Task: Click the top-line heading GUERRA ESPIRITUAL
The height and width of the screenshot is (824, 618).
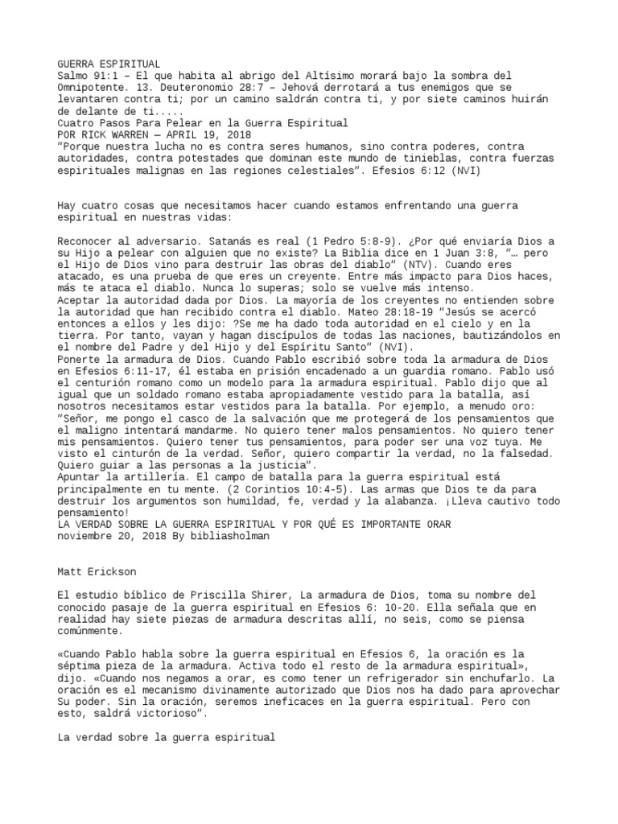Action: (109, 64)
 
